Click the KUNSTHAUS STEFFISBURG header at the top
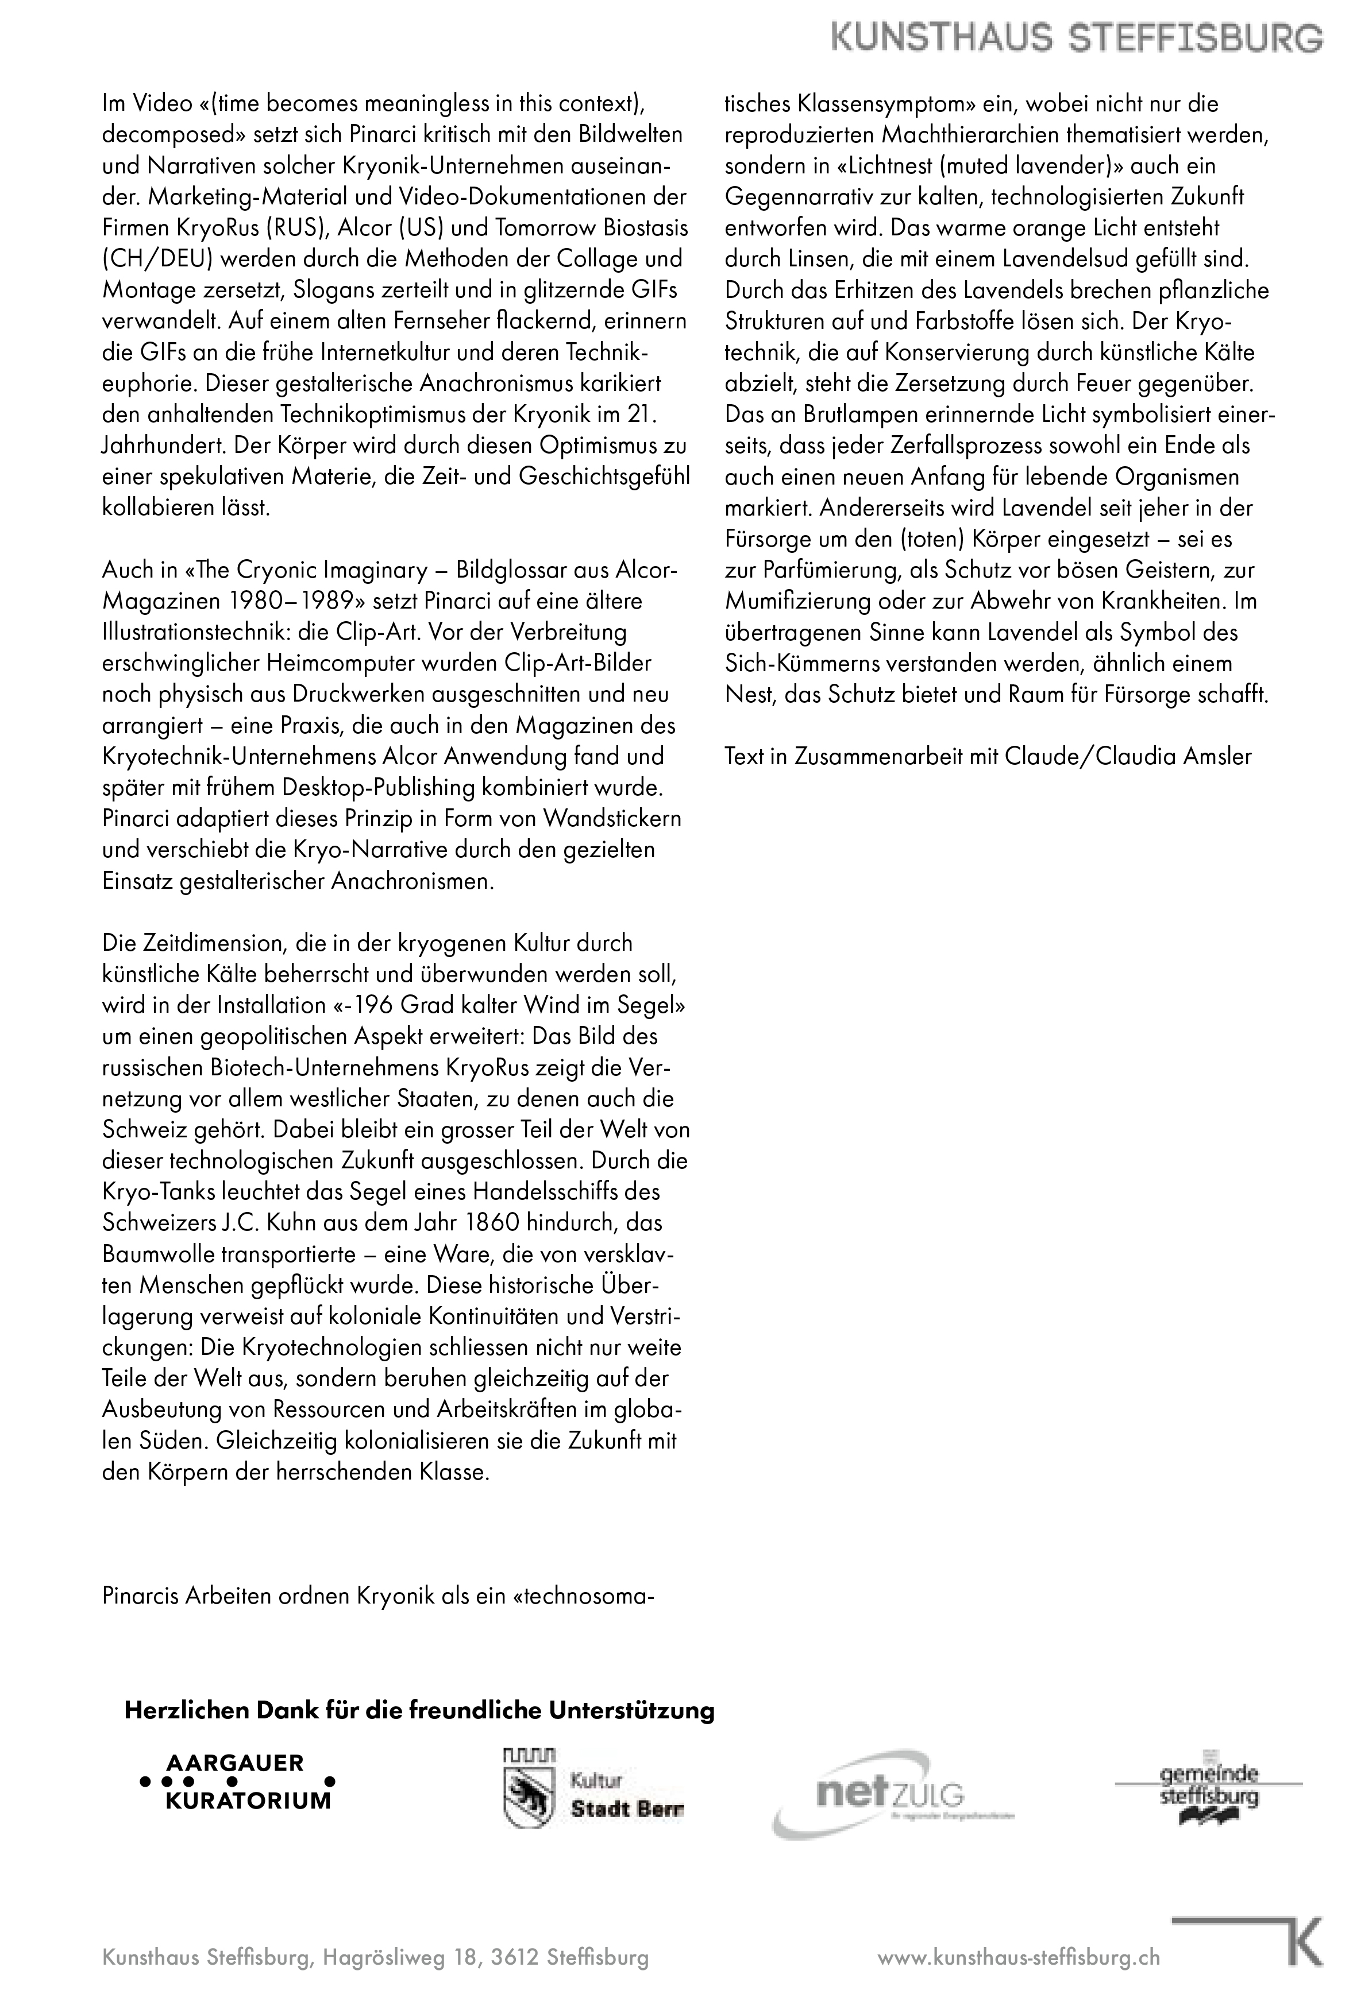tap(1077, 39)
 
